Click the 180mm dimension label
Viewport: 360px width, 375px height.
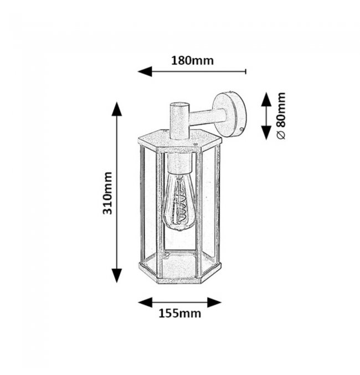[x=192, y=61]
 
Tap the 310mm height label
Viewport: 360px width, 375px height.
[x=107, y=193]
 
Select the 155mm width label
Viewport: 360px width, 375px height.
[x=180, y=314]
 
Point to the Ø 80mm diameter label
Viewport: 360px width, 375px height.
[x=281, y=116]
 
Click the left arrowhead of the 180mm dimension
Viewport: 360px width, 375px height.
[x=145, y=71]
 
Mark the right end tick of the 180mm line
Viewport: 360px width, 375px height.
[x=246, y=71]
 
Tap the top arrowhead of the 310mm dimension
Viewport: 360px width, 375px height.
[x=117, y=109]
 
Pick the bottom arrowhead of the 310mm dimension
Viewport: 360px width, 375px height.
[x=117, y=275]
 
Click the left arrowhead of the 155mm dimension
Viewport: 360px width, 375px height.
[x=145, y=302]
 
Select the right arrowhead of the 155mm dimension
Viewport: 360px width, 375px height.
[x=214, y=302]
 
